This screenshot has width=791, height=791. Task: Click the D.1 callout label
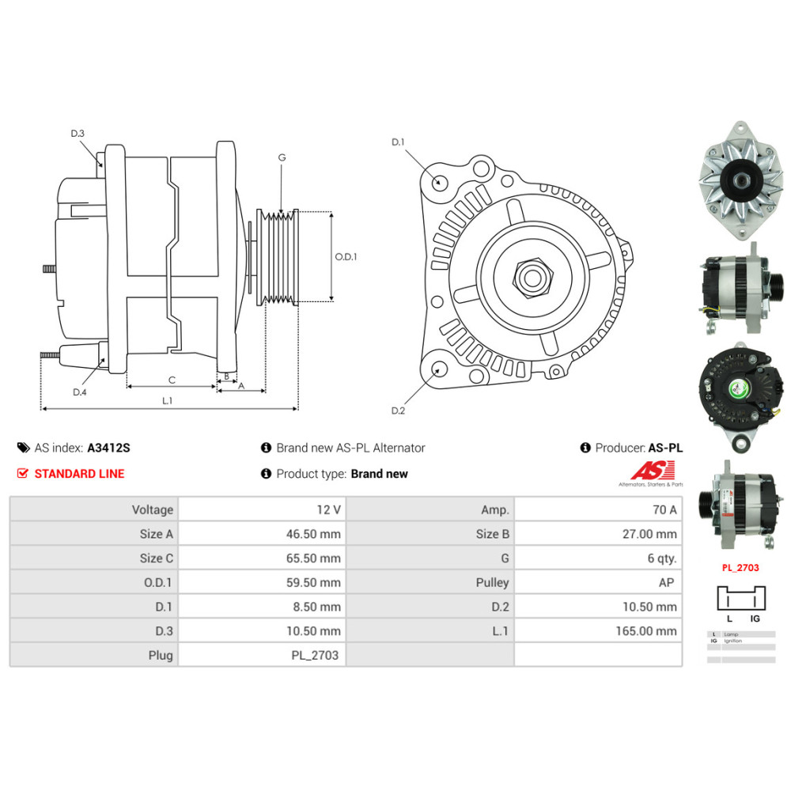tap(398, 142)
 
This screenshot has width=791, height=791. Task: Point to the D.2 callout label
tap(398, 411)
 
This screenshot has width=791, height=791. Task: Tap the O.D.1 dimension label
tap(346, 256)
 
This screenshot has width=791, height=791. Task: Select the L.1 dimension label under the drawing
tap(167, 401)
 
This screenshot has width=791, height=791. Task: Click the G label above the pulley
tap(282, 157)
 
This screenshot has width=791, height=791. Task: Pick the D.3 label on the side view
tap(78, 134)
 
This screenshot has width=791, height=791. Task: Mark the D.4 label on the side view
tap(79, 392)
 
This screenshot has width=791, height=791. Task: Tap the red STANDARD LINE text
tap(79, 474)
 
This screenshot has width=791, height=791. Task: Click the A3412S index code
tap(108, 448)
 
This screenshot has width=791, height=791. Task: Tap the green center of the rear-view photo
tap(739, 388)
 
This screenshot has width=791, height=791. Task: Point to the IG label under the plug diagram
tap(755, 619)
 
